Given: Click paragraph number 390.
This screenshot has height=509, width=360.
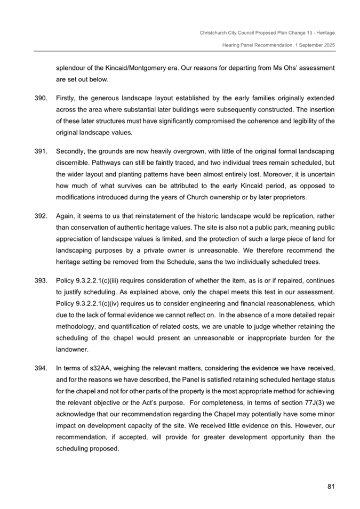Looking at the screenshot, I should click(x=41, y=99).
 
